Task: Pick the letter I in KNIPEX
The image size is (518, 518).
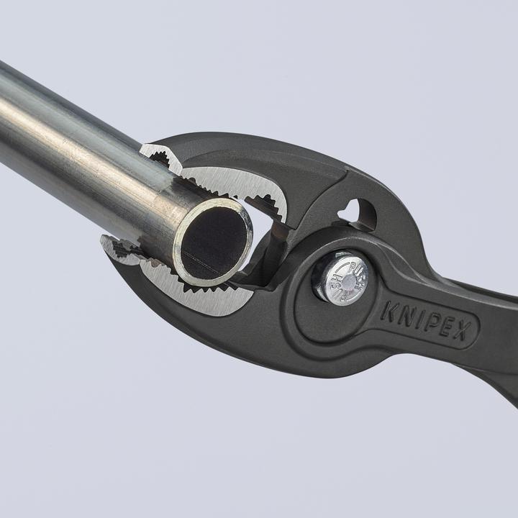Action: coord(418,318)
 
